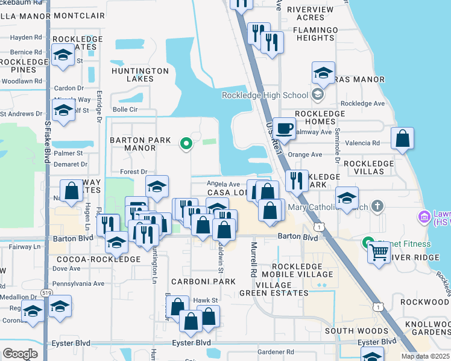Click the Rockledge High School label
pyautogui.click(x=265, y=95)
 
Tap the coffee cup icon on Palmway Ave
pyautogui.click(x=284, y=128)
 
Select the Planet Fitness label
pyautogui.click(x=404, y=244)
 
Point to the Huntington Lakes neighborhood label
pyautogui.click(x=140, y=75)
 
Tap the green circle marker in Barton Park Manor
pyautogui.click(x=186, y=143)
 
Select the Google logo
pyautogui.click(x=20, y=354)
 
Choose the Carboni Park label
pyautogui.click(x=203, y=282)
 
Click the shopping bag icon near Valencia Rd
pyautogui.click(x=402, y=138)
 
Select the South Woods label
pyautogui.click(x=356, y=331)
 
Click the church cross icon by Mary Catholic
pyautogui.click(x=377, y=207)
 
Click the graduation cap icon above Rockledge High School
pyautogui.click(x=323, y=74)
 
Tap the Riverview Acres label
pyautogui.click(x=310, y=13)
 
